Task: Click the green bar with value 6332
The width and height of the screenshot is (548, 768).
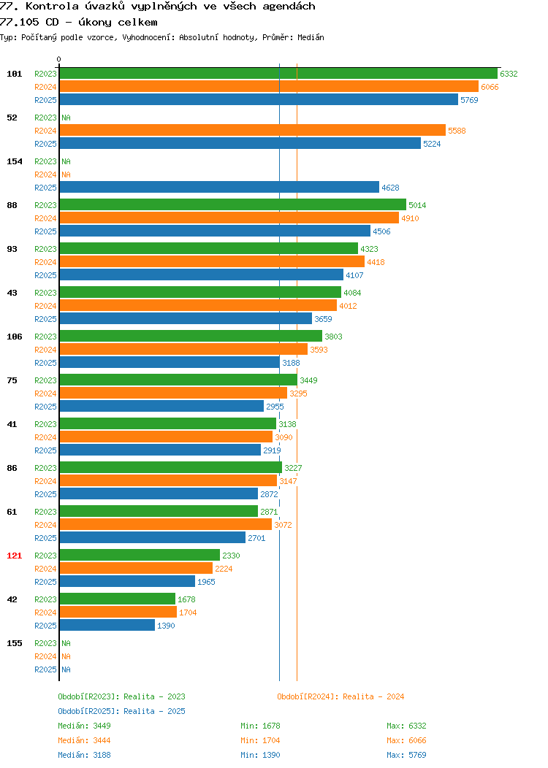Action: click(x=278, y=74)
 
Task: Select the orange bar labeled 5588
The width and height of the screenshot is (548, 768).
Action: click(x=252, y=130)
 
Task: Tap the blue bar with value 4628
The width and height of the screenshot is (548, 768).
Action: click(x=219, y=187)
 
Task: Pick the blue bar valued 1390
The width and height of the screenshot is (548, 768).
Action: click(x=107, y=625)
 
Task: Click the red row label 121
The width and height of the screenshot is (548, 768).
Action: click(x=14, y=556)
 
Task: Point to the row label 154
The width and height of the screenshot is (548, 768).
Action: click(x=14, y=161)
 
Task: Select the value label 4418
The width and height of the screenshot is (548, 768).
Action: click(x=376, y=262)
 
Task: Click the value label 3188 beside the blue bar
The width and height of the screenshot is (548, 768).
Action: click(x=291, y=363)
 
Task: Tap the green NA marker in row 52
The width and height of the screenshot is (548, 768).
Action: click(x=66, y=118)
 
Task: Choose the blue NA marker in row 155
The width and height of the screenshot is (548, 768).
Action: click(x=66, y=669)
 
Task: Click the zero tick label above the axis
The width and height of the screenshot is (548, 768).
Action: click(x=59, y=59)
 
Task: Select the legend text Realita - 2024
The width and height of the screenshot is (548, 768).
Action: click(x=373, y=696)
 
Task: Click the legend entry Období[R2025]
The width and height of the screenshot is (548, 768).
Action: click(x=88, y=711)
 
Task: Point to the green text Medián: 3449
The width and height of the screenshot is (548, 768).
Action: click(x=84, y=726)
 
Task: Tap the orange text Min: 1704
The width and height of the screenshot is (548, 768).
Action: click(x=260, y=740)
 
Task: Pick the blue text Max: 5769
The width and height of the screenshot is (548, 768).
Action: click(x=406, y=756)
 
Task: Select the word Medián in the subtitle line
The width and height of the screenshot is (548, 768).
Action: click(x=311, y=37)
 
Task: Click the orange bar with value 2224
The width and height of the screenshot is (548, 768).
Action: click(x=136, y=568)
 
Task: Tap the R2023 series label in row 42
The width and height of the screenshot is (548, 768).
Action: click(x=45, y=599)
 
